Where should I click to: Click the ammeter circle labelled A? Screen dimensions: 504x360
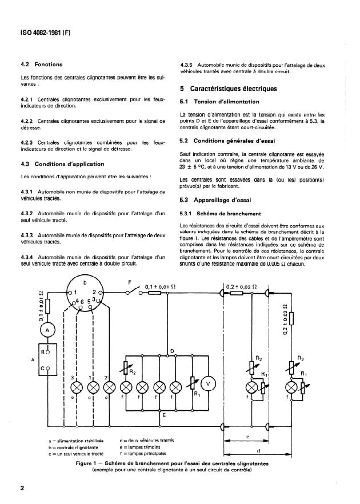tap(48, 330)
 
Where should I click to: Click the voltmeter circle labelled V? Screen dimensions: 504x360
tap(209, 383)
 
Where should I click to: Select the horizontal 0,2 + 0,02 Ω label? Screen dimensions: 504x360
tap(242, 286)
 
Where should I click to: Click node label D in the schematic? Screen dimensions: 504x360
tap(172, 350)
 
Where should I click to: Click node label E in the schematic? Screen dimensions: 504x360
tap(163, 415)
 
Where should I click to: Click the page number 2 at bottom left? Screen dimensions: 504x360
tap(22, 489)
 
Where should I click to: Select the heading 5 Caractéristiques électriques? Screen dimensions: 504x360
tap(229, 89)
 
